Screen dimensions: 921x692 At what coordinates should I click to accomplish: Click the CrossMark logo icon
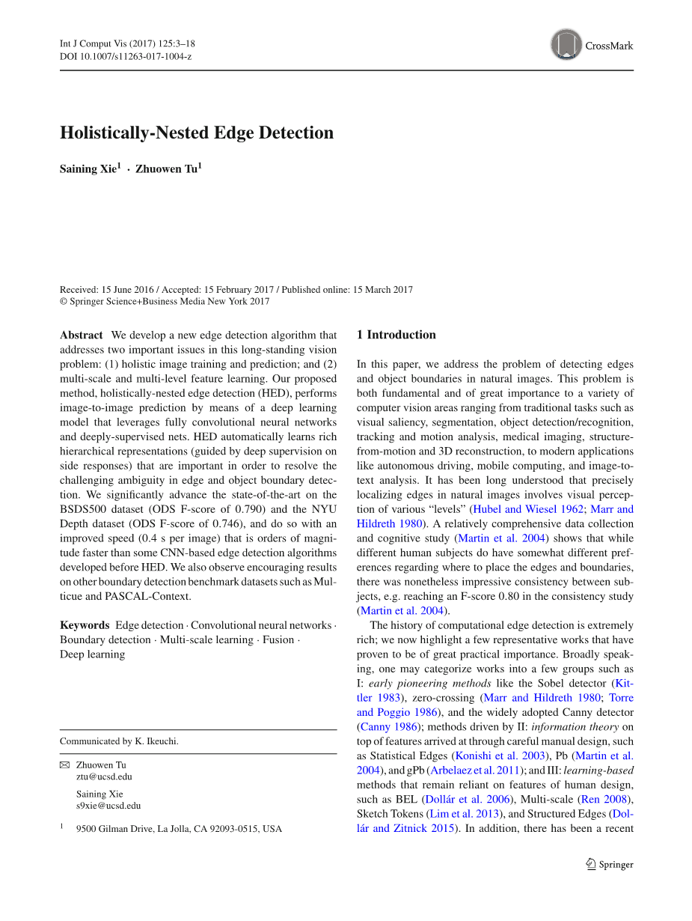pyautogui.click(x=566, y=45)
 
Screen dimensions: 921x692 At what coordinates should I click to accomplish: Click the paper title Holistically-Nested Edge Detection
pyautogui.click(x=197, y=133)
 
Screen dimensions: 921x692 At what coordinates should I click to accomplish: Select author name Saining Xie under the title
pyautogui.click(x=88, y=169)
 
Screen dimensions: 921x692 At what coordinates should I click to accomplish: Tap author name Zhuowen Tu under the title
pyautogui.click(x=167, y=169)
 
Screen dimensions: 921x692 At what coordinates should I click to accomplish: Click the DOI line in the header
pyautogui.click(x=126, y=56)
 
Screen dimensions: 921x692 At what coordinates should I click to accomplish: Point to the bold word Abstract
pyautogui.click(x=81, y=335)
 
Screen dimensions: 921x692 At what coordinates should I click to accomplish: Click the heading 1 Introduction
pyautogui.click(x=396, y=335)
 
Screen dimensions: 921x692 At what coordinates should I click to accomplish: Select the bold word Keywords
pyautogui.click(x=85, y=625)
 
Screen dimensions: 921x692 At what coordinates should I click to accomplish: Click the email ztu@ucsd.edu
pyautogui.click(x=104, y=776)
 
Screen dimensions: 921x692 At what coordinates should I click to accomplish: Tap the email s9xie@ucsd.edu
pyautogui.click(x=108, y=806)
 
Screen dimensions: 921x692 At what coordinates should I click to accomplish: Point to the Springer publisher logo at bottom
pyautogui.click(x=610, y=864)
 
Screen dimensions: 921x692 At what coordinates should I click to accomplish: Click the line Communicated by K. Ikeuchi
pyautogui.click(x=119, y=741)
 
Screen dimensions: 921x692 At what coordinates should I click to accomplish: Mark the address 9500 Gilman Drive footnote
pyautogui.click(x=179, y=829)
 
